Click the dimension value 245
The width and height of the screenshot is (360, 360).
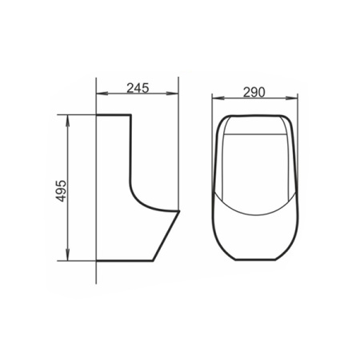tap(138, 87)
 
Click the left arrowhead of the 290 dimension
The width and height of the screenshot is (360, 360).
tap(214, 100)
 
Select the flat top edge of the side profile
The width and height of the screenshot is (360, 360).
tap(113, 115)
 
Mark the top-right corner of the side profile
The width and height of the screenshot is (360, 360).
tap(130, 116)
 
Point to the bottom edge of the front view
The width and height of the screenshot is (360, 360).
tap(255, 261)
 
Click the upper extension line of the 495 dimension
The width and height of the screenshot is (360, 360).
tap(80, 114)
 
